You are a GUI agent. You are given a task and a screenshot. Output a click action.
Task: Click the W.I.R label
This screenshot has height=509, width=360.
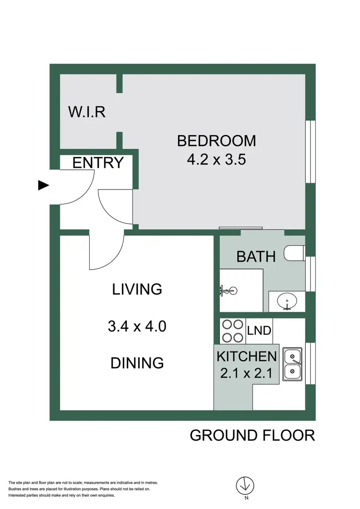point(86,112)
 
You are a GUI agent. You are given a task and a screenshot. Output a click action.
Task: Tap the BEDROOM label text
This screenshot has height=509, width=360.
point(216,141)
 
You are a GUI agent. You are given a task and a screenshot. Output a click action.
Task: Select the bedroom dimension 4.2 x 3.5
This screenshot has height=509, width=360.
point(216,159)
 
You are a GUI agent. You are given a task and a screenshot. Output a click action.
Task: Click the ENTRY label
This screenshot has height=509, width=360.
point(98,163)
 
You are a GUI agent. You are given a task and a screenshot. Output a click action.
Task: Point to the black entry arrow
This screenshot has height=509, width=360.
point(44,186)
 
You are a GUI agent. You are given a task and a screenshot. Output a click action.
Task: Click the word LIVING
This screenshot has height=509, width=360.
point(137,289)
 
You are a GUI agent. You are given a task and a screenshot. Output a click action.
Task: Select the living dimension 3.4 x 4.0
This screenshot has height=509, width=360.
point(137,327)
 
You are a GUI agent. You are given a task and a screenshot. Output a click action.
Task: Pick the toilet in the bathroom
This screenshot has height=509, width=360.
point(294,253)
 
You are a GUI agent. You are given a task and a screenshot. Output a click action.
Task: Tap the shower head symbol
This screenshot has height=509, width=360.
point(227,290)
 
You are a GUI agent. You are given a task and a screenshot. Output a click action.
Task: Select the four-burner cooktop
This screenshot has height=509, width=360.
point(232,331)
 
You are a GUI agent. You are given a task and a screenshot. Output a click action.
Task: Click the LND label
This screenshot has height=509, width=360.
point(259,331)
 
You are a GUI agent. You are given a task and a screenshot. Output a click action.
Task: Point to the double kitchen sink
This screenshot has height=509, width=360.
point(292,364)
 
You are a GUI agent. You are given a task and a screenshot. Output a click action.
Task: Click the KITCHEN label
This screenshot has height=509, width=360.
point(247,356)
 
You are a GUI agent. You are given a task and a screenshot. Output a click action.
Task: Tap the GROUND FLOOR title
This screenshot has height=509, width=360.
point(252,436)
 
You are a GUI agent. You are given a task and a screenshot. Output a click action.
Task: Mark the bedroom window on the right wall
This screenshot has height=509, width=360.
point(311,152)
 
